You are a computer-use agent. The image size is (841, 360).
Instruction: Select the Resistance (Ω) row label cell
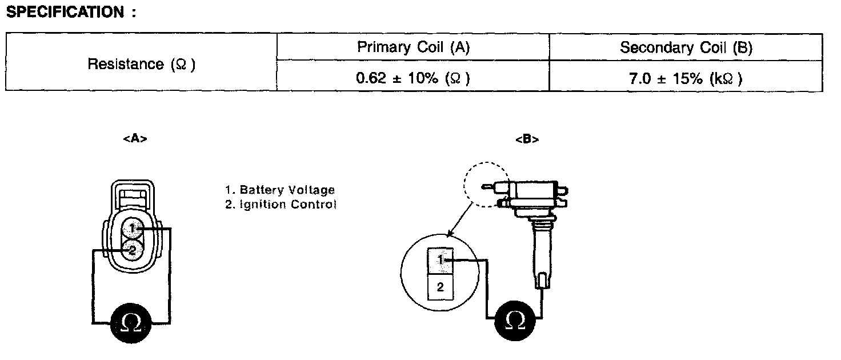141,64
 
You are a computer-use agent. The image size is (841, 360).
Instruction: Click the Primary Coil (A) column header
413,47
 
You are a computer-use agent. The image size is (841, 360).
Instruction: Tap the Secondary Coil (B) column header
686,47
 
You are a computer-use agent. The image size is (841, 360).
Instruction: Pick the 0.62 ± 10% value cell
413,78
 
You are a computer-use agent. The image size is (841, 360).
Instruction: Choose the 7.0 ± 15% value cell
686,78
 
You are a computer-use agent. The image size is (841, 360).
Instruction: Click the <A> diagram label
135,139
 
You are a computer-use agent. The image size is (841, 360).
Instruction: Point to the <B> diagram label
527,139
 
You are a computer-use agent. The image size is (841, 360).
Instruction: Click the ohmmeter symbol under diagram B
516,322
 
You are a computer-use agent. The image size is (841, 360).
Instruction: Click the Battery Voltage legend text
280,190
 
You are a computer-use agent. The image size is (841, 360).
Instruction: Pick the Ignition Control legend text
281,204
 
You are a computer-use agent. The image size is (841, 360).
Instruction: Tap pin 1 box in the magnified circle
440,261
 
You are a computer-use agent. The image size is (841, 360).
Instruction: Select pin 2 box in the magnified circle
440,287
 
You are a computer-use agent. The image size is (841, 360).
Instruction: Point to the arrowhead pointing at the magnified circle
450,234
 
